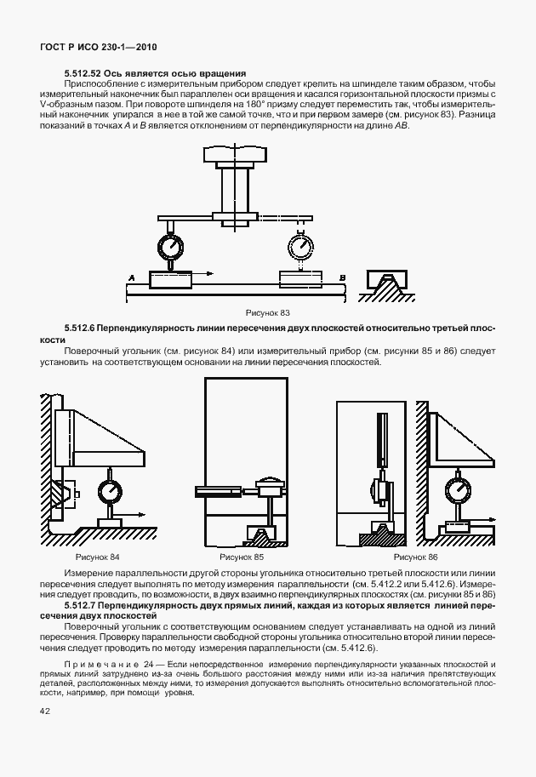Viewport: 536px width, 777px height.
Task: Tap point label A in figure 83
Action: (132, 277)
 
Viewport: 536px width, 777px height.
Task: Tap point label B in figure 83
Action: (341, 277)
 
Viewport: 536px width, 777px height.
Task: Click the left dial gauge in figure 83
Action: (171, 247)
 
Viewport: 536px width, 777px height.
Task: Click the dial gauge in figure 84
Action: (111, 492)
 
